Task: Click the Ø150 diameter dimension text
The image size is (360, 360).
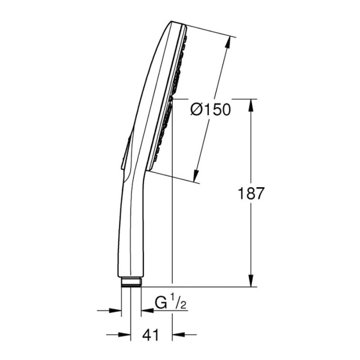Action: click(210, 110)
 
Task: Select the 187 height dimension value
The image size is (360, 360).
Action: click(251, 193)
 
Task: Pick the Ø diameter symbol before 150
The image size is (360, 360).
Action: click(197, 110)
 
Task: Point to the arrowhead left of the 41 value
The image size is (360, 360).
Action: click(126, 334)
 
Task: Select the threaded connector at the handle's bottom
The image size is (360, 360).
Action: click(131, 282)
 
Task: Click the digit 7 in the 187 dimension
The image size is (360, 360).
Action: click(258, 193)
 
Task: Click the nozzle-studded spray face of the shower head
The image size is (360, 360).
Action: click(171, 99)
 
